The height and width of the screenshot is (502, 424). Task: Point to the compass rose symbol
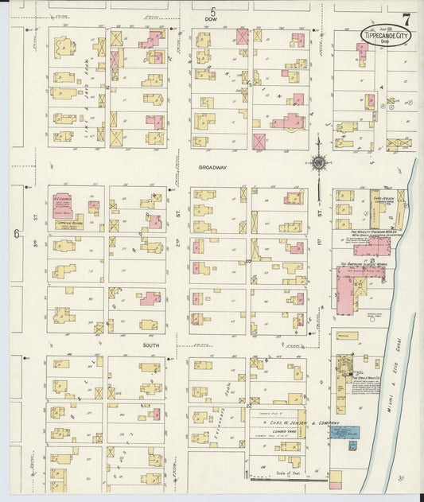(x=318, y=163)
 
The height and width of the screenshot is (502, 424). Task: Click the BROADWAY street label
(x=213, y=168)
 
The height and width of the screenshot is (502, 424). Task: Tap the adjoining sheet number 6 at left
(x=16, y=233)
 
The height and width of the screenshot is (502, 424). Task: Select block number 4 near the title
(x=382, y=88)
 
